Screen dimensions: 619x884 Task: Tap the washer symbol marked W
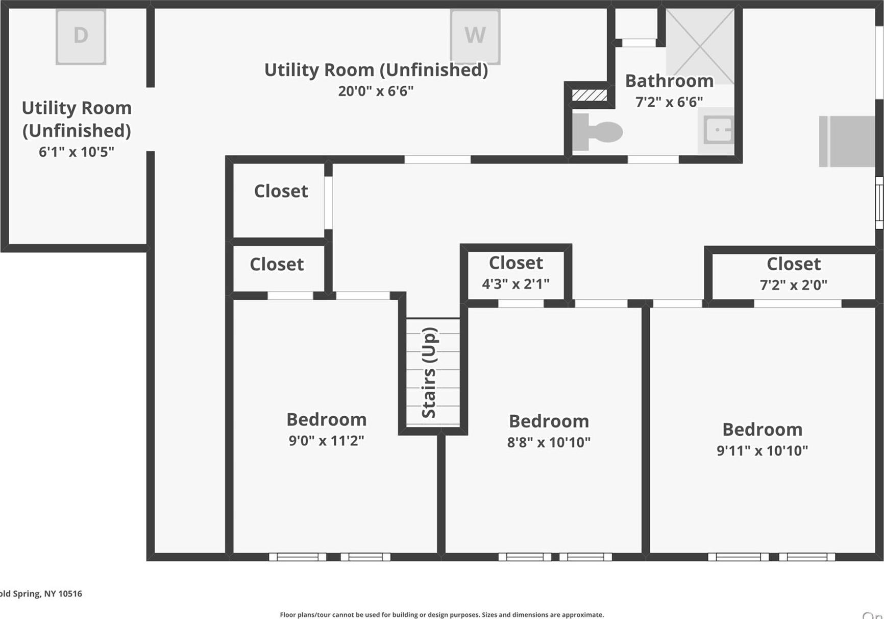point(475,36)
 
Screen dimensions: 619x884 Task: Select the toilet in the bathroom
point(597,132)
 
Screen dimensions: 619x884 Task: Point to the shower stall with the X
point(701,46)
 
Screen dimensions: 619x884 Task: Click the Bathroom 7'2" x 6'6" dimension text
point(669,102)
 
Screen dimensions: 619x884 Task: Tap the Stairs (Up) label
point(429,373)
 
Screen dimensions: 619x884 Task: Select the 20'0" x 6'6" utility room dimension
point(376,91)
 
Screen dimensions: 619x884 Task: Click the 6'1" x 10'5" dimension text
point(77,152)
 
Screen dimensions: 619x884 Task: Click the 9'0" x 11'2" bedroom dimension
point(326,440)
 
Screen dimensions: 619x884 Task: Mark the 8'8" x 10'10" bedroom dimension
point(549,442)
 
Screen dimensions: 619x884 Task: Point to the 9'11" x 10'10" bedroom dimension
point(762,450)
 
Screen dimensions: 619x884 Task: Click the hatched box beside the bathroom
point(590,95)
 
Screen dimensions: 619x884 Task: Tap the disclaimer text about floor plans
point(441,615)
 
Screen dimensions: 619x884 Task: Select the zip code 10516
point(70,593)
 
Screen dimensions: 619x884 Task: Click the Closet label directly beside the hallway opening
point(281,191)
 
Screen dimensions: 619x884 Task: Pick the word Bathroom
point(669,81)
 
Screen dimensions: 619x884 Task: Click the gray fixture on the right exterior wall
point(847,141)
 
